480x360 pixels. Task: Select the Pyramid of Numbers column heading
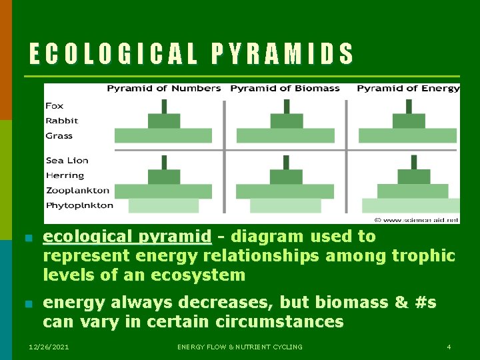point(163,89)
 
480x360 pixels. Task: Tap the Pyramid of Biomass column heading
point(285,89)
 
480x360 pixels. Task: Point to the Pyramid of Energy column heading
point(408,89)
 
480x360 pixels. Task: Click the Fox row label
point(55,106)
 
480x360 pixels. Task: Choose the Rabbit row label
point(61,121)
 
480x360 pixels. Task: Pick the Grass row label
point(59,136)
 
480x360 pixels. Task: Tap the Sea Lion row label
point(67,161)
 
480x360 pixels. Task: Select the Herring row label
point(65,176)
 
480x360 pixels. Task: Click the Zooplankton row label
point(77,191)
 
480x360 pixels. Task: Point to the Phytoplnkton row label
point(79,206)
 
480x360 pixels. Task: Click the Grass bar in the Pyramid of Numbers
point(163,136)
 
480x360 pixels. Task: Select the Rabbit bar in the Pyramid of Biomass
point(286,121)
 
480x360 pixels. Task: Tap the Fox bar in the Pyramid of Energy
point(408,106)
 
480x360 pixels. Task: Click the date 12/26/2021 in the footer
point(48,347)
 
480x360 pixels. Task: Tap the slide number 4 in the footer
point(449,347)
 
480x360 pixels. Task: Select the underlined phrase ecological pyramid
point(127,237)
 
